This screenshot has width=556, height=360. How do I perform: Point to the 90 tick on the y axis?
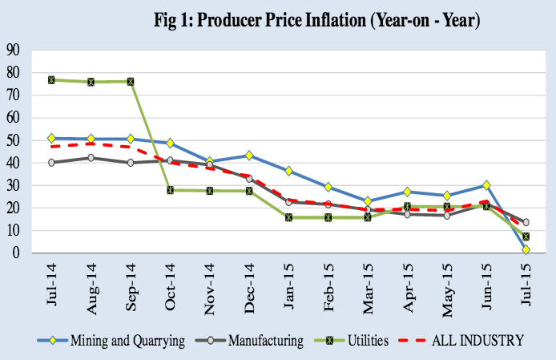tap(13, 50)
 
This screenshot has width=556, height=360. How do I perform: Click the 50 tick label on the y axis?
tap(13, 140)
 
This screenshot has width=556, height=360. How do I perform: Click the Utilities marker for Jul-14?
tap(51, 80)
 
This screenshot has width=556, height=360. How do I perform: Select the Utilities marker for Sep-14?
tap(130, 81)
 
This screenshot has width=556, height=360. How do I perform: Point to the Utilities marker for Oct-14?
tap(170, 190)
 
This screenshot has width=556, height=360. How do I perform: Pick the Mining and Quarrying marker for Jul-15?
tap(526, 250)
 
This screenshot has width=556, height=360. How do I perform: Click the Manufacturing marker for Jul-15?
tap(526, 223)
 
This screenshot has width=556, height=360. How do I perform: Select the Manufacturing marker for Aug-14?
tap(91, 158)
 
